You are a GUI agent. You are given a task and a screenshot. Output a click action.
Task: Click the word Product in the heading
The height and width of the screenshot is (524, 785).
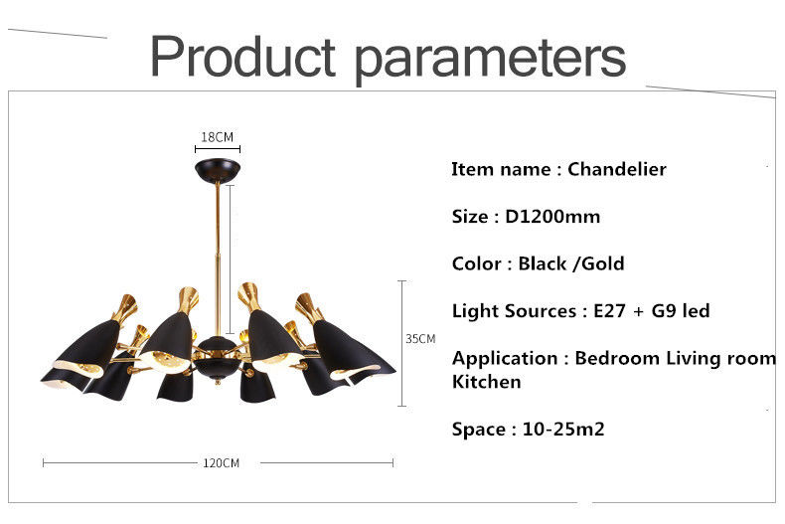(x=242, y=56)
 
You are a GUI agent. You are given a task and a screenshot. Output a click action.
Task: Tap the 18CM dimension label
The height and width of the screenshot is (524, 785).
(x=218, y=137)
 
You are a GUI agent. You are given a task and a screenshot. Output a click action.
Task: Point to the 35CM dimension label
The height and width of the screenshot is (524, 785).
(x=420, y=339)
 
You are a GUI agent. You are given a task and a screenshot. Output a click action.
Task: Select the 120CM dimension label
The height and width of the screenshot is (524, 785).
(x=221, y=463)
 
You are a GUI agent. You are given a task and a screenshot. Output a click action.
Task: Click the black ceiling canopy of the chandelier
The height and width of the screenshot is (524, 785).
(x=218, y=170)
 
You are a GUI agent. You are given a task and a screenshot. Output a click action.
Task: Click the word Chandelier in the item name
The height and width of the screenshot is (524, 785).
(x=617, y=169)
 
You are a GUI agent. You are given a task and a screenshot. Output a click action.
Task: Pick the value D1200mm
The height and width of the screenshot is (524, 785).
(x=552, y=216)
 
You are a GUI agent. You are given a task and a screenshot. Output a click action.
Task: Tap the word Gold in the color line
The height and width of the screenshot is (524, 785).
(x=603, y=263)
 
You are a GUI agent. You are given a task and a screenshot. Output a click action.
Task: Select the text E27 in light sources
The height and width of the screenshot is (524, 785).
(x=609, y=310)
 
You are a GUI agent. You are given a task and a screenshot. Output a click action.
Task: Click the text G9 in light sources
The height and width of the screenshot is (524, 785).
(x=665, y=310)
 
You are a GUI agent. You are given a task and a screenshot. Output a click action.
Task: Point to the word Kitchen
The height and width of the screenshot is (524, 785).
(x=487, y=382)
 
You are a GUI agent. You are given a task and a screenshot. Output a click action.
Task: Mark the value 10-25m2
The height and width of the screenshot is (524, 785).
(x=563, y=429)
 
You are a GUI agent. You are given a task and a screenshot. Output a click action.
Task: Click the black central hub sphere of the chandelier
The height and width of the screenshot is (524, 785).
(x=217, y=356)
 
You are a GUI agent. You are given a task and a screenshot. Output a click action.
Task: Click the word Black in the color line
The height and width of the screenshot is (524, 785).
(x=543, y=263)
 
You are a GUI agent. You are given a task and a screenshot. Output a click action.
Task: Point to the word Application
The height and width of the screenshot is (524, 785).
(x=505, y=359)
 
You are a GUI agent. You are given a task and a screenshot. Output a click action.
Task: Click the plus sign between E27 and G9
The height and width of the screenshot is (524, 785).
(x=638, y=311)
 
